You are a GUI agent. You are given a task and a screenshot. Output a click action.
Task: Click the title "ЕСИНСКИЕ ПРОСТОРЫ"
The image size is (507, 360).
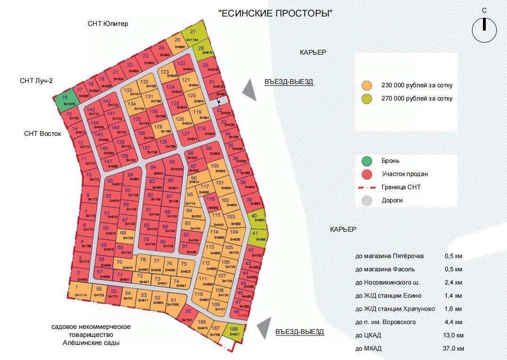pyautogui.click(x=275, y=13)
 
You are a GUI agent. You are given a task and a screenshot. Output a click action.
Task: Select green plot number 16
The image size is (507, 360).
pyautogui.click(x=65, y=100)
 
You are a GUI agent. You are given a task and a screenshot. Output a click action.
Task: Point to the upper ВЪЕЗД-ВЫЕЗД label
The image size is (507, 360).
pyautogui.click(x=289, y=82)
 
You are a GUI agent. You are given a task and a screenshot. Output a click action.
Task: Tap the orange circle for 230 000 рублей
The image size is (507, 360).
pyautogui.click(x=366, y=86)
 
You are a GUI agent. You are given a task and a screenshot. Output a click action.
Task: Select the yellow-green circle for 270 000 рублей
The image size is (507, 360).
pyautogui.click(x=366, y=99)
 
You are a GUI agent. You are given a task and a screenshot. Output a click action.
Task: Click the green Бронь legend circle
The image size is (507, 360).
pyautogui.click(x=366, y=161)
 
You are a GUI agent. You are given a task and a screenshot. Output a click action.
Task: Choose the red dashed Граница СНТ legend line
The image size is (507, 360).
pyautogui.click(x=366, y=187)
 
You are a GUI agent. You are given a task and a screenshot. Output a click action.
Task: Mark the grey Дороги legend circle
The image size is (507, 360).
pyautogui.click(x=366, y=200)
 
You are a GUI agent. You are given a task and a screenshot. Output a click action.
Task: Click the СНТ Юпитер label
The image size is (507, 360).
pyautogui.click(x=108, y=24)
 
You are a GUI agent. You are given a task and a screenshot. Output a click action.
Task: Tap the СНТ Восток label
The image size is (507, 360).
pyautogui.click(x=43, y=134)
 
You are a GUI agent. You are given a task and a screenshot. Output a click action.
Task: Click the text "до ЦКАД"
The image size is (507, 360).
pyautogui.click(x=369, y=335)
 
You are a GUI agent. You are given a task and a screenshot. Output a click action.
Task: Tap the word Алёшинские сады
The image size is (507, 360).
pyautogui.click(x=91, y=343)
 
